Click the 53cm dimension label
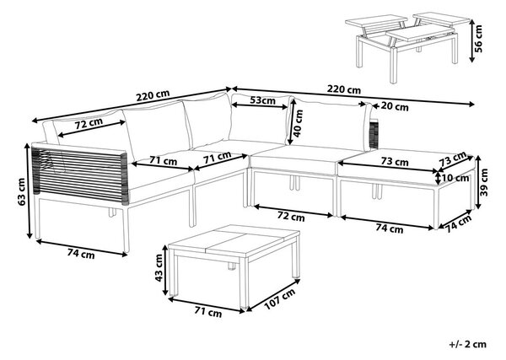(263, 100)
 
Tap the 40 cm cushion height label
(299, 123)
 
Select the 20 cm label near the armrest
(395, 106)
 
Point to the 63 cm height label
(22, 191)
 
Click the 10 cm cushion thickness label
(456, 178)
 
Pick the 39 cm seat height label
(484, 183)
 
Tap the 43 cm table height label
(159, 267)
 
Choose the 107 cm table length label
(280, 299)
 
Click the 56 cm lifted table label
(478, 39)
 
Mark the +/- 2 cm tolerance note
(467, 344)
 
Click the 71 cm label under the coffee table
(208, 312)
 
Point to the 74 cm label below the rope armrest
(81, 254)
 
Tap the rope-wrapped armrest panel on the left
(80, 175)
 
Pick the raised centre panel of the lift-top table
(419, 34)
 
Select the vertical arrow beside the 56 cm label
(471, 40)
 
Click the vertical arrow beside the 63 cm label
(29, 191)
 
